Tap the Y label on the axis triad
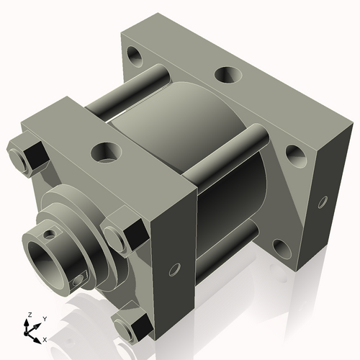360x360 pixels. click(x=44, y=318)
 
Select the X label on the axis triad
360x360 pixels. click(x=45, y=338)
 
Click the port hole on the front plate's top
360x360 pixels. click(x=105, y=152)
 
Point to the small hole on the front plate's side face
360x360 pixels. click(x=173, y=271)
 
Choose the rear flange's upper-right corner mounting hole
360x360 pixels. click(x=294, y=152)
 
